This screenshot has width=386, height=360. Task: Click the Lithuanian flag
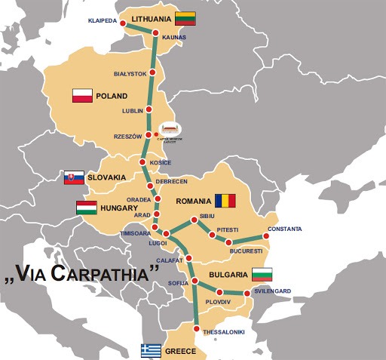click(185, 19)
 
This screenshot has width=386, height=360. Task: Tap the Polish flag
click(82, 96)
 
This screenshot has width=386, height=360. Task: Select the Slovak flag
click(74, 177)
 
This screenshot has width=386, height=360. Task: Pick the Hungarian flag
click(87, 208)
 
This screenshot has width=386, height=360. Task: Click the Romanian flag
click(225, 201)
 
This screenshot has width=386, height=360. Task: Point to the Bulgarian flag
click(262, 274)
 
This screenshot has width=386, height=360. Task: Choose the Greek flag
click(151, 351)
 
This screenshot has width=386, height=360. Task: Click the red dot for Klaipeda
click(124, 23)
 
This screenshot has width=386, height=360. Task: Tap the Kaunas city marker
click(155, 33)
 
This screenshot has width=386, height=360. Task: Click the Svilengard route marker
click(248, 293)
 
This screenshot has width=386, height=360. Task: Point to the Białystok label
click(129, 74)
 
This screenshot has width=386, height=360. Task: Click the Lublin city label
click(132, 111)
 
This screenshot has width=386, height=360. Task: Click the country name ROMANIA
click(192, 202)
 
